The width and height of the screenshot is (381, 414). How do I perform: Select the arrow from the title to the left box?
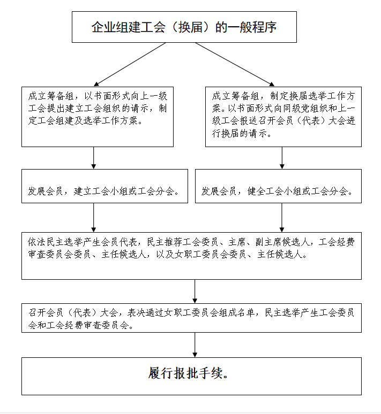tap(130, 64)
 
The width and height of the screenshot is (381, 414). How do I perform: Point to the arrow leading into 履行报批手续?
tap(195, 345)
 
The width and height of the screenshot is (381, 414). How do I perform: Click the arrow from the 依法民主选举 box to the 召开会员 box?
tap(195, 291)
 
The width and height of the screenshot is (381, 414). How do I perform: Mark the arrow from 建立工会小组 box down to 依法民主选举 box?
tap(93, 218)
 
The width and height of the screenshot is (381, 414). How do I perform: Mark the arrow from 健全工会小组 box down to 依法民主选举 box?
tap(282, 218)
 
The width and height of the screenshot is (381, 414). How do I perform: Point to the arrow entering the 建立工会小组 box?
tap(93, 158)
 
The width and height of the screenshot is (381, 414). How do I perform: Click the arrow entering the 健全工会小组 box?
tap(282, 158)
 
